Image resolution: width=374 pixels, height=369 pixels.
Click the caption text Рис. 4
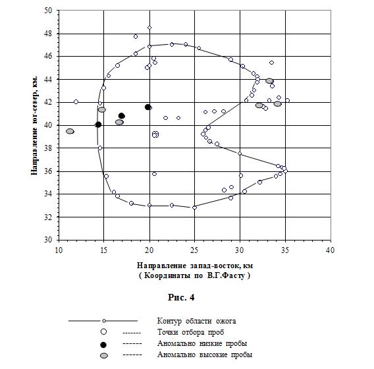coord(181,297)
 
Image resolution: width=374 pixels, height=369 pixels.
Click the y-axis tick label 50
coord(48,11)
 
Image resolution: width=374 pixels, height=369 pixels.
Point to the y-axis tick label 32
coord(48,217)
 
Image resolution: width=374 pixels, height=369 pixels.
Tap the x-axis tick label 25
coord(194,250)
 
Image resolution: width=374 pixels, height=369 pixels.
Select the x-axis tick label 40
coord(331,250)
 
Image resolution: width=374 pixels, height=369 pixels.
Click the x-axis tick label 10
coord(59,250)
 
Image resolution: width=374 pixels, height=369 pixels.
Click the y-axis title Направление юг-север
coord(34,126)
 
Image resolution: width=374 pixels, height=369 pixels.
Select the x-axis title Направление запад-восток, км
coord(195,266)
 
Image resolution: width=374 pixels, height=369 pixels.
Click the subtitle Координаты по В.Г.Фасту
coord(195,275)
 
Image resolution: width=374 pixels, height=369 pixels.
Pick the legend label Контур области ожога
coord(196,321)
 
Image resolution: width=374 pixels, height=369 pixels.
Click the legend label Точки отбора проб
coord(190,332)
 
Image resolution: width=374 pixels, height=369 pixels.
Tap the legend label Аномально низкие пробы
coord(202,343)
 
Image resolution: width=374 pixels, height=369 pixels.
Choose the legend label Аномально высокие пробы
coord(205,355)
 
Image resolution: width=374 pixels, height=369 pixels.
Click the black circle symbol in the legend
coord(103,345)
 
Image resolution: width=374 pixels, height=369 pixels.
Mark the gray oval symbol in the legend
coord(104,356)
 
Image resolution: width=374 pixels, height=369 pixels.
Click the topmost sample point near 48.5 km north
coord(149,28)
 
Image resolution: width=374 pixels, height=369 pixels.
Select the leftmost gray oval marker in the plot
coord(70,131)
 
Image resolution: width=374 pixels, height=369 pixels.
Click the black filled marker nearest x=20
coord(147,107)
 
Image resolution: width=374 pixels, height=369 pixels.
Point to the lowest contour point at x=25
coord(194,208)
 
